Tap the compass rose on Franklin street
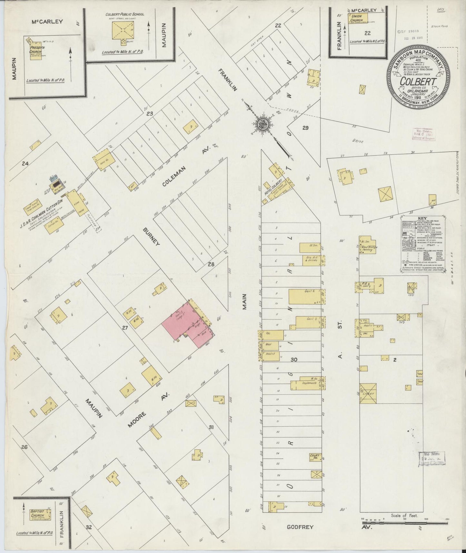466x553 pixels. pos(265,124)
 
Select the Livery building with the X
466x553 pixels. pos(368,393)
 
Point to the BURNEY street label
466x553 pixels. pos(151,236)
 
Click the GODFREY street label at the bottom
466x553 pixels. pos(300,527)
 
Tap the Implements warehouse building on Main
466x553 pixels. pos(307,383)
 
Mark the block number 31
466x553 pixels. pos(212,427)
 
